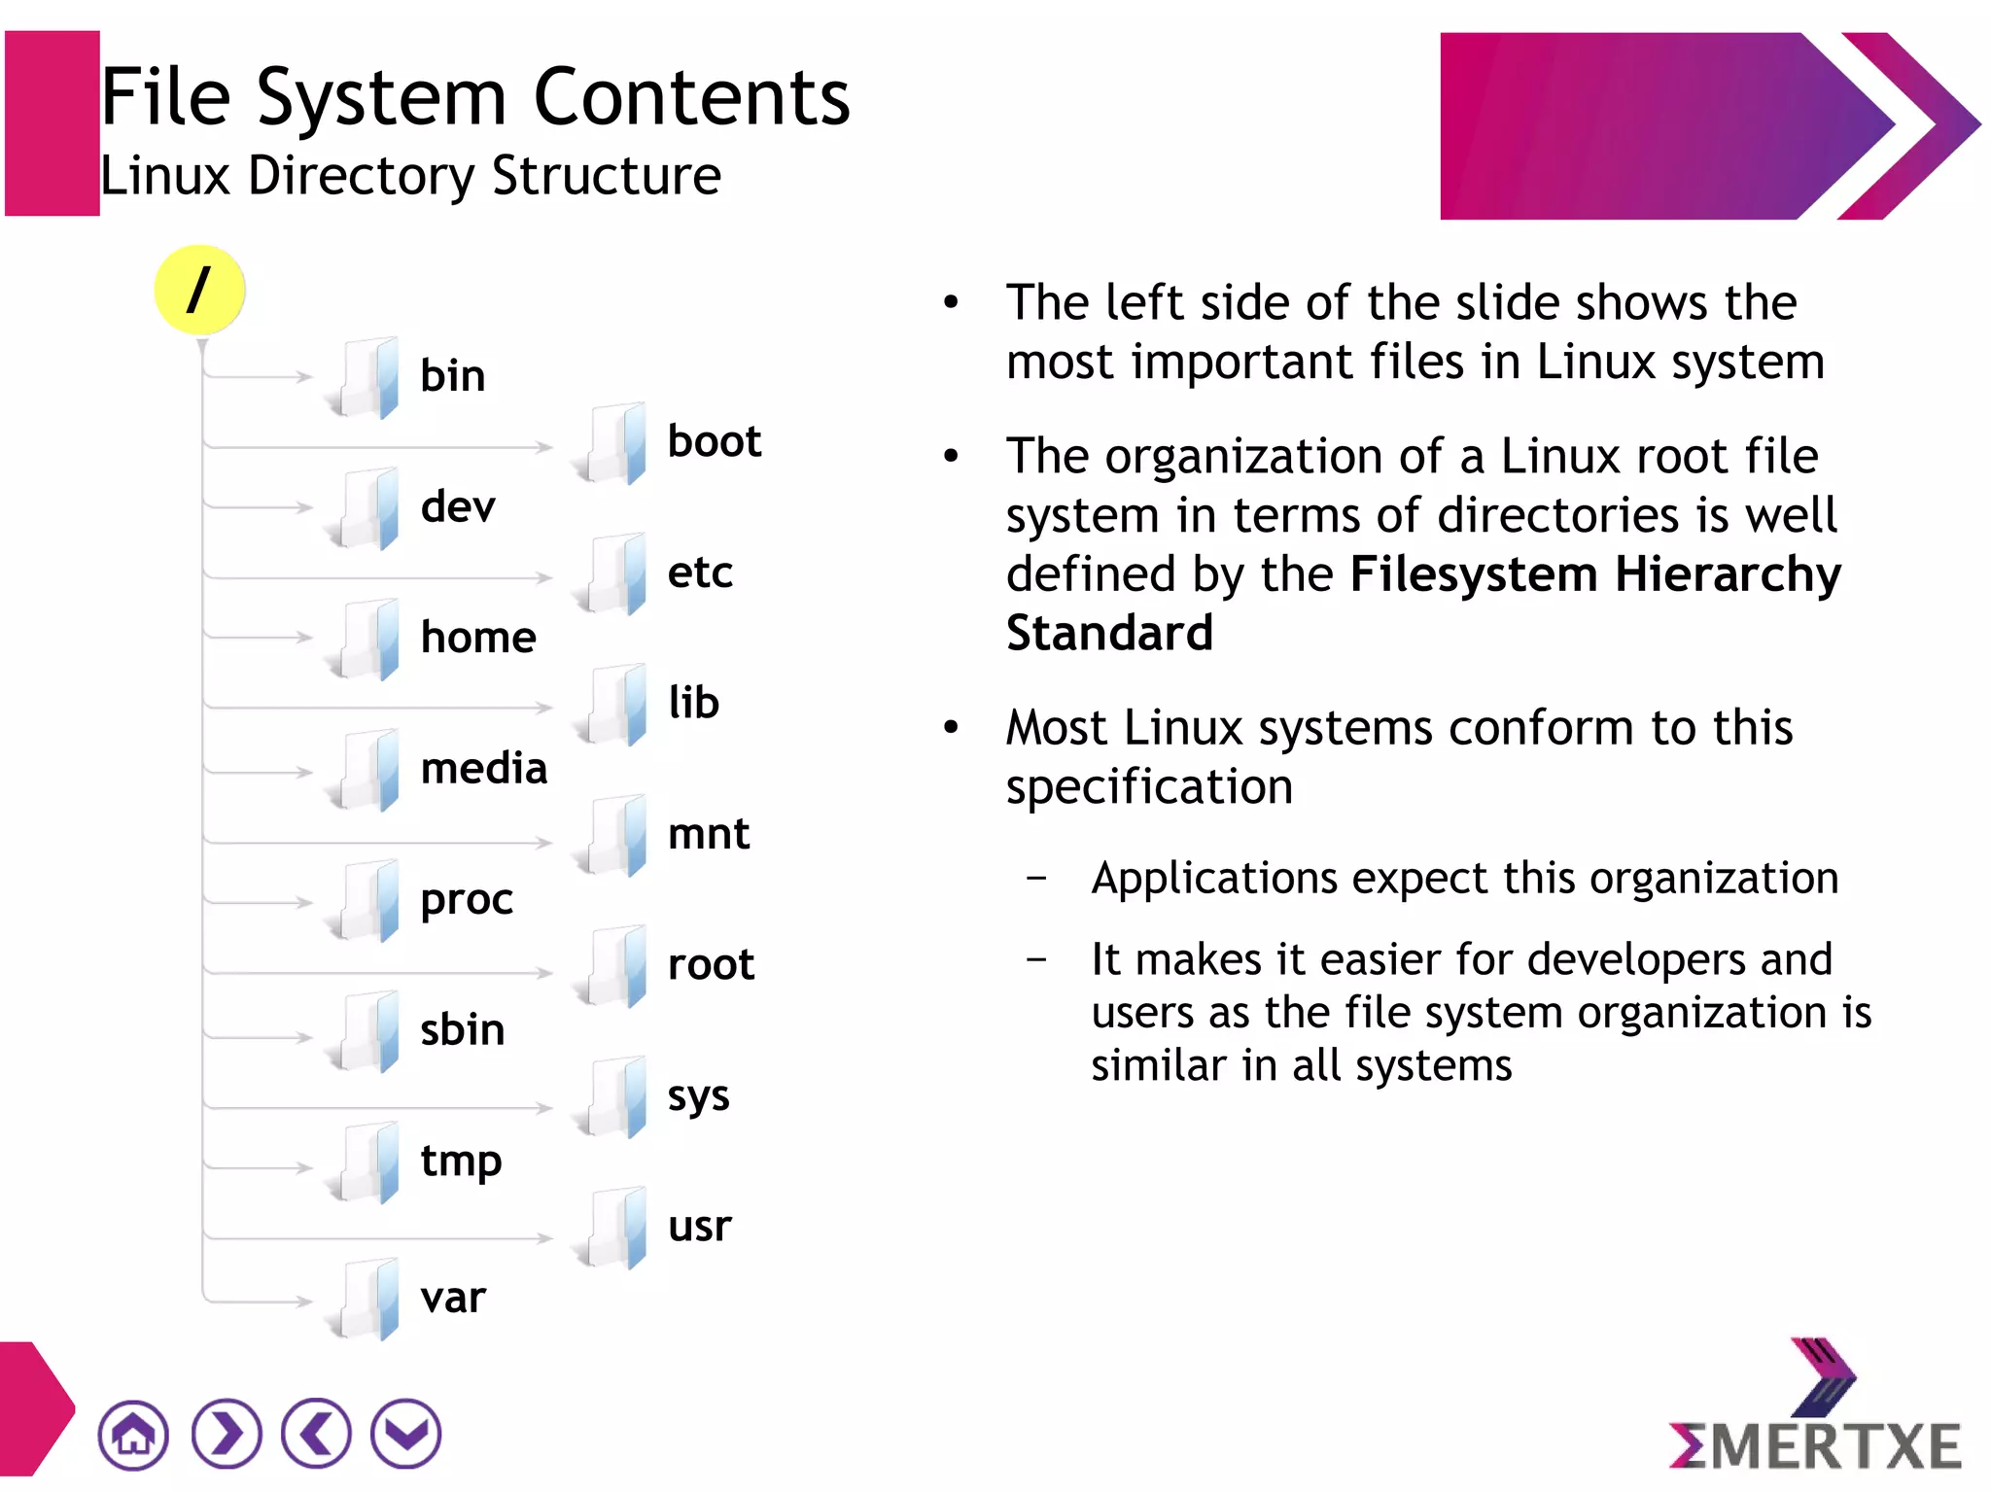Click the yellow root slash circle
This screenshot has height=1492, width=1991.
coord(199,290)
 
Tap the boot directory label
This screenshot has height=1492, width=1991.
coord(714,442)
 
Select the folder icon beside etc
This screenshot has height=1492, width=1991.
coord(612,573)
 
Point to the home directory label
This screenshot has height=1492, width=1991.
coord(478,639)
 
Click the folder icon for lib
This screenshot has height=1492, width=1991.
coord(612,705)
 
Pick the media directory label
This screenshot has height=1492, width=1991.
coord(484,769)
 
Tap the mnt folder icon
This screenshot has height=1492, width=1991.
coord(612,835)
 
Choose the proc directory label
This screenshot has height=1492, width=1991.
coord(467,900)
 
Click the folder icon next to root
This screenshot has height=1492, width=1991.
coord(612,966)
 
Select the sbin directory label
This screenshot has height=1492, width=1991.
coord(463,1030)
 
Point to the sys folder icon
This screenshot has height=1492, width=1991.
coord(612,1096)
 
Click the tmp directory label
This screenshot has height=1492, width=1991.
coord(461,1162)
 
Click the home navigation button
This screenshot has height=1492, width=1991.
coord(133,1434)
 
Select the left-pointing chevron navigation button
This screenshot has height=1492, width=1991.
coord(316,1434)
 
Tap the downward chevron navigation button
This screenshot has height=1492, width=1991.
coord(406,1434)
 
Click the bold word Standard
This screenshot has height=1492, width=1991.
coord(1109,634)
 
